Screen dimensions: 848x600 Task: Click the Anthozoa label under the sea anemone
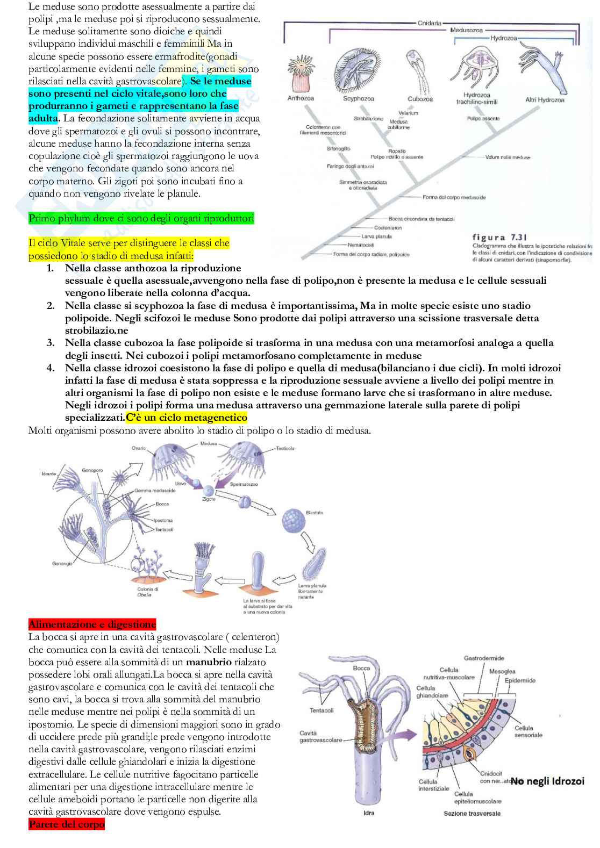tap(301, 98)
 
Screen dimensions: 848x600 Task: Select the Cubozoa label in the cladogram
tap(420, 99)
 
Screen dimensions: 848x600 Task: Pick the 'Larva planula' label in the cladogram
tap(376, 236)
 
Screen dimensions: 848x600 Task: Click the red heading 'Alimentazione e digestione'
tap(92, 624)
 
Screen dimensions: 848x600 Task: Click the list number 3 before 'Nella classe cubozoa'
tap(51, 343)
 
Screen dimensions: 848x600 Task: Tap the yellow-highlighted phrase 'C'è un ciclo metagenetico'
tap(187, 418)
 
